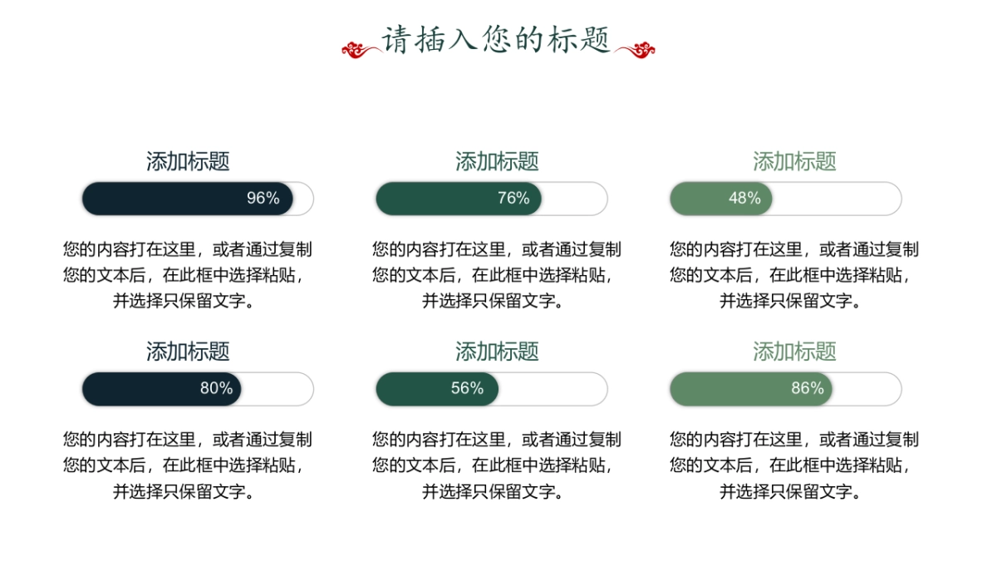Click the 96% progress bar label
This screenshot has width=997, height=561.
263,199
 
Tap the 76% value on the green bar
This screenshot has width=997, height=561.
513,199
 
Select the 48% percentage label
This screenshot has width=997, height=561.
744,199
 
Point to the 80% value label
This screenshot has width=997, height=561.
216,389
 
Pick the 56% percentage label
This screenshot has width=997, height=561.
467,389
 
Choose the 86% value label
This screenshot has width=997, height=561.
808,389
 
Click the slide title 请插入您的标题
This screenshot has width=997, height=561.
497,40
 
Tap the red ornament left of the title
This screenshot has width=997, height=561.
361,50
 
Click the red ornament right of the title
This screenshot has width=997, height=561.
636,50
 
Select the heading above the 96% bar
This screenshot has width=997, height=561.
188,161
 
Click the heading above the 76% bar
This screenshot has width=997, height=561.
497,161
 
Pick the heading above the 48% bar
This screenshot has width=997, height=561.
794,161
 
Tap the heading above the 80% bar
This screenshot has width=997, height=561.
188,352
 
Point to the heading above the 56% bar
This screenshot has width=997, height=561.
497,352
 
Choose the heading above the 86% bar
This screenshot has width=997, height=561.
794,352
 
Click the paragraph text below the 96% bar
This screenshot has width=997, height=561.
188,275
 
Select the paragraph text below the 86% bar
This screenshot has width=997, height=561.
794,465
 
